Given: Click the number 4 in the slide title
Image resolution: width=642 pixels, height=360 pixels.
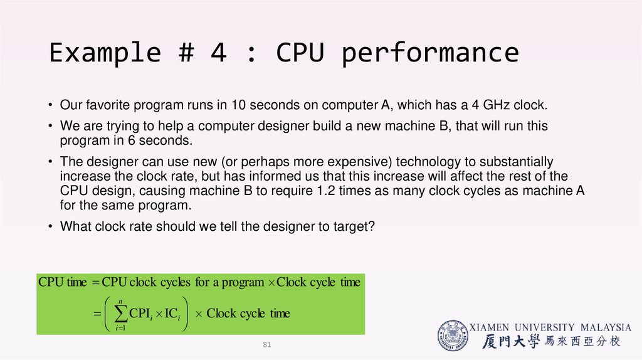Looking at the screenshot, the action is [218, 53].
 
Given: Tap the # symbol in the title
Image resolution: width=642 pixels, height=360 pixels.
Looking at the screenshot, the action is [186, 53].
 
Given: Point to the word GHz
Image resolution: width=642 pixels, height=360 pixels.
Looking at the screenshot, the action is [496, 105].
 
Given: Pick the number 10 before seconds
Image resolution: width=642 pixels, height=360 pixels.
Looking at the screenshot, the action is [238, 105].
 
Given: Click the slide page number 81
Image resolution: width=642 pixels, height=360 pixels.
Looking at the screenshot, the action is [267, 344].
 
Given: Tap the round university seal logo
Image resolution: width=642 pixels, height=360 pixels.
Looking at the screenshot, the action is [453, 336].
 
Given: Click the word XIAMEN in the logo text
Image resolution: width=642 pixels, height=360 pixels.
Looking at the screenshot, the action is [489, 327].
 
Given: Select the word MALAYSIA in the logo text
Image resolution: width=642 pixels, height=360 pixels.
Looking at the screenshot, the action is [606, 327].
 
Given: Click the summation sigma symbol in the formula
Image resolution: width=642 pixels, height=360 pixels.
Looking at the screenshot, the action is [120, 314].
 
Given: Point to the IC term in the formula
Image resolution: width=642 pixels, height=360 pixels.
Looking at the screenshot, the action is [172, 314].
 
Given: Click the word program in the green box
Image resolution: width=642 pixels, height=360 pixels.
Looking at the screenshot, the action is [243, 283].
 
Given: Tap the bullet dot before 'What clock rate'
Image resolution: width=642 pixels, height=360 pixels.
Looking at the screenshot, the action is [50, 226].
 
